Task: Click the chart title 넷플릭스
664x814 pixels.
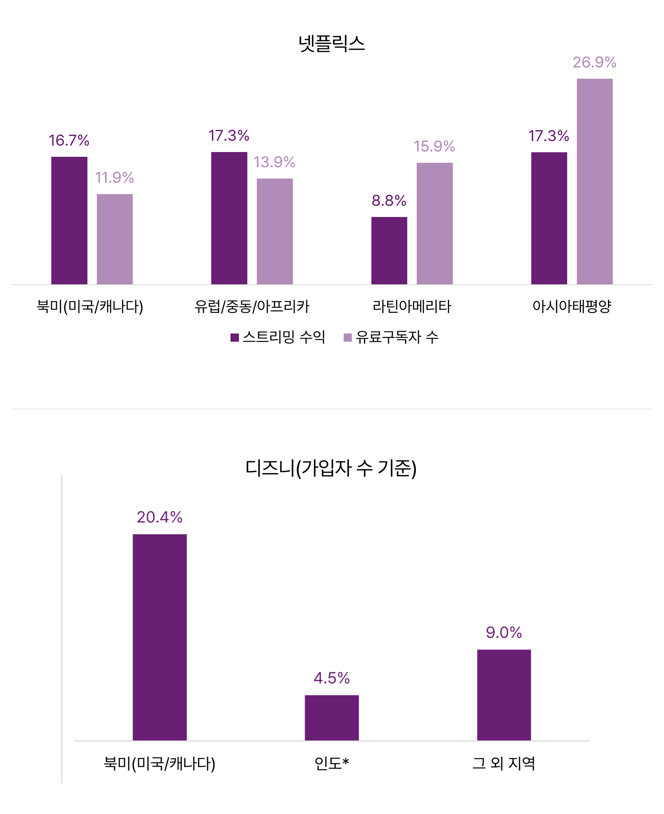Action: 332,44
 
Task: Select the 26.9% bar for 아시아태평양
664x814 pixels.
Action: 594,181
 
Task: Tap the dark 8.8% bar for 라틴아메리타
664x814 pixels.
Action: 389,250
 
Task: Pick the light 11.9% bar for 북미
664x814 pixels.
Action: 115,239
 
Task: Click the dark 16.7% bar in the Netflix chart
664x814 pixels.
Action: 69,221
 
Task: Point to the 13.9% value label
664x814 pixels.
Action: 274,162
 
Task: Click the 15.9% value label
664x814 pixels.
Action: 434,146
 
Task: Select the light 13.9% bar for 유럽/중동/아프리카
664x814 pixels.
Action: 274,231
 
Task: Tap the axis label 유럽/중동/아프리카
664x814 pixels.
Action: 252,306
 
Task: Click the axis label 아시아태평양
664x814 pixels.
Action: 571,306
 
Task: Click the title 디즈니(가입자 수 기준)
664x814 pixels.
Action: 331,468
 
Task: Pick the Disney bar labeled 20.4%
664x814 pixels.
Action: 159,637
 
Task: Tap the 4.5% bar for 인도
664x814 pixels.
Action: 332,718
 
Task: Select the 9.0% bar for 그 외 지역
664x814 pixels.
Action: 504,695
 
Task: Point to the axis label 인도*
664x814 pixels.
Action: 332,763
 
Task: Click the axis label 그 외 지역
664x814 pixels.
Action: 504,763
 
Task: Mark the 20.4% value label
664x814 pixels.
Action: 159,517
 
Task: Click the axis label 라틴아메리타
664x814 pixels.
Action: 412,306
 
